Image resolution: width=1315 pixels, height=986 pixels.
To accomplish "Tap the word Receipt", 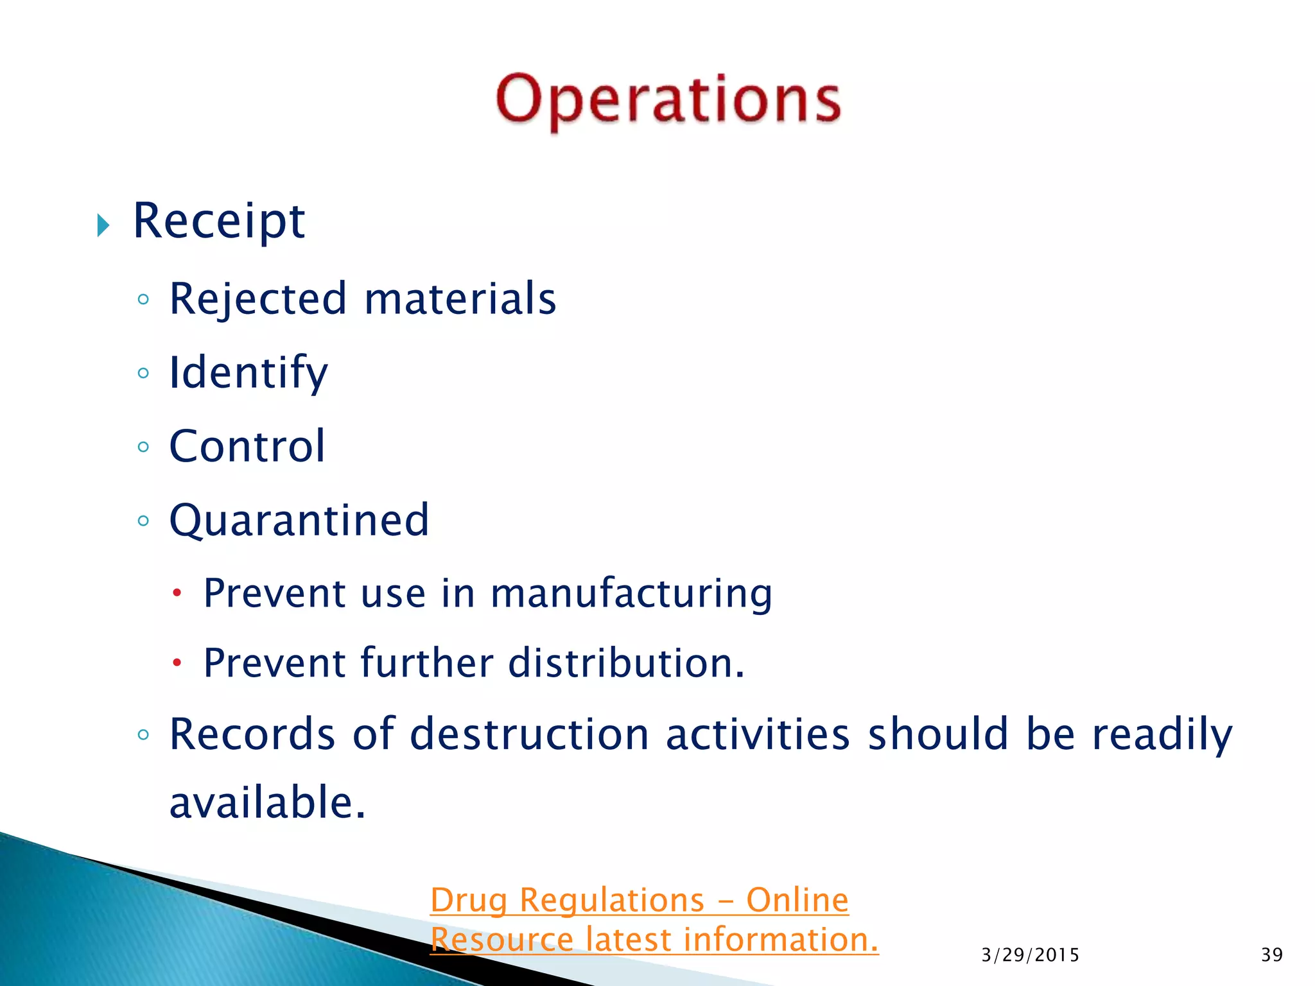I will point(218,221).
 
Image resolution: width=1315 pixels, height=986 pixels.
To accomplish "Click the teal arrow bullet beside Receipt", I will point(103,225).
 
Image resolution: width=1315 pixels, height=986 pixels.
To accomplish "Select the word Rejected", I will point(257,299).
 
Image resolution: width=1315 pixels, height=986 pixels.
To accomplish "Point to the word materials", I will point(460,299).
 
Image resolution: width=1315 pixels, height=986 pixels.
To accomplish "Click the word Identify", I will point(248,373).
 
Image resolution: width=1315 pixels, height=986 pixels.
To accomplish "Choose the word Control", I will point(247,446).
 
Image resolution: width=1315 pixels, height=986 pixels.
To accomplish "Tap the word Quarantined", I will point(299,520).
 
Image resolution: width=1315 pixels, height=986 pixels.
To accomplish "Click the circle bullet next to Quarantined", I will point(143,521).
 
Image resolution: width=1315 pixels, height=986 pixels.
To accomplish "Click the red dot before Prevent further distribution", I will point(177,662).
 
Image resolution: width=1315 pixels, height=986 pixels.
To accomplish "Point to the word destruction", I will point(530,734).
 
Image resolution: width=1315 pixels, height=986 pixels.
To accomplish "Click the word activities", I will point(758,734).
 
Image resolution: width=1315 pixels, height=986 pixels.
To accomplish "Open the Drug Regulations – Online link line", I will point(639,900).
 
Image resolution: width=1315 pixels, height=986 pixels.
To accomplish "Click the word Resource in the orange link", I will point(501,940).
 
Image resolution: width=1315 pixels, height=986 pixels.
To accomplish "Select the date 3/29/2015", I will point(1030,955).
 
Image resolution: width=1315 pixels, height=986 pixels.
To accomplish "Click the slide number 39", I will point(1271,955).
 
